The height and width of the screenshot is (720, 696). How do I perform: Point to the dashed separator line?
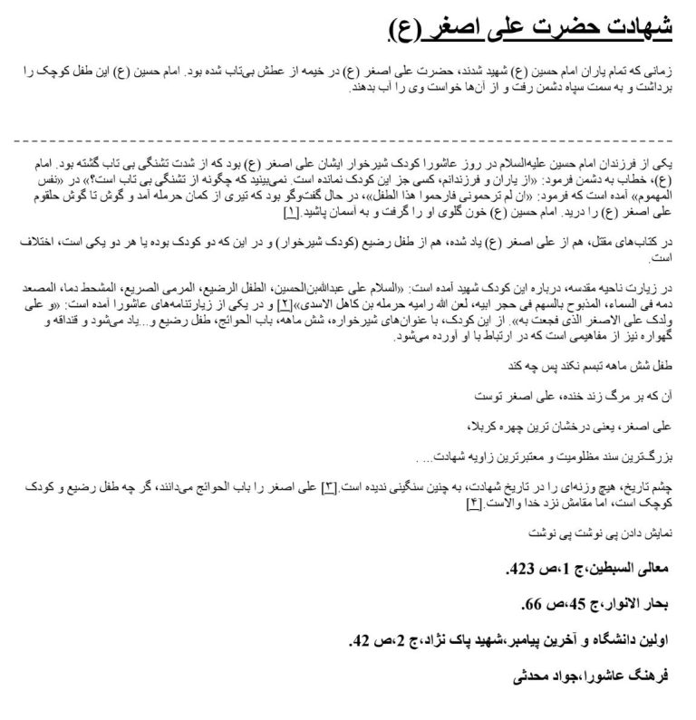(348, 141)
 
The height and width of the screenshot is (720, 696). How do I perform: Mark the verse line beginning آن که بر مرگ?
(589, 398)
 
